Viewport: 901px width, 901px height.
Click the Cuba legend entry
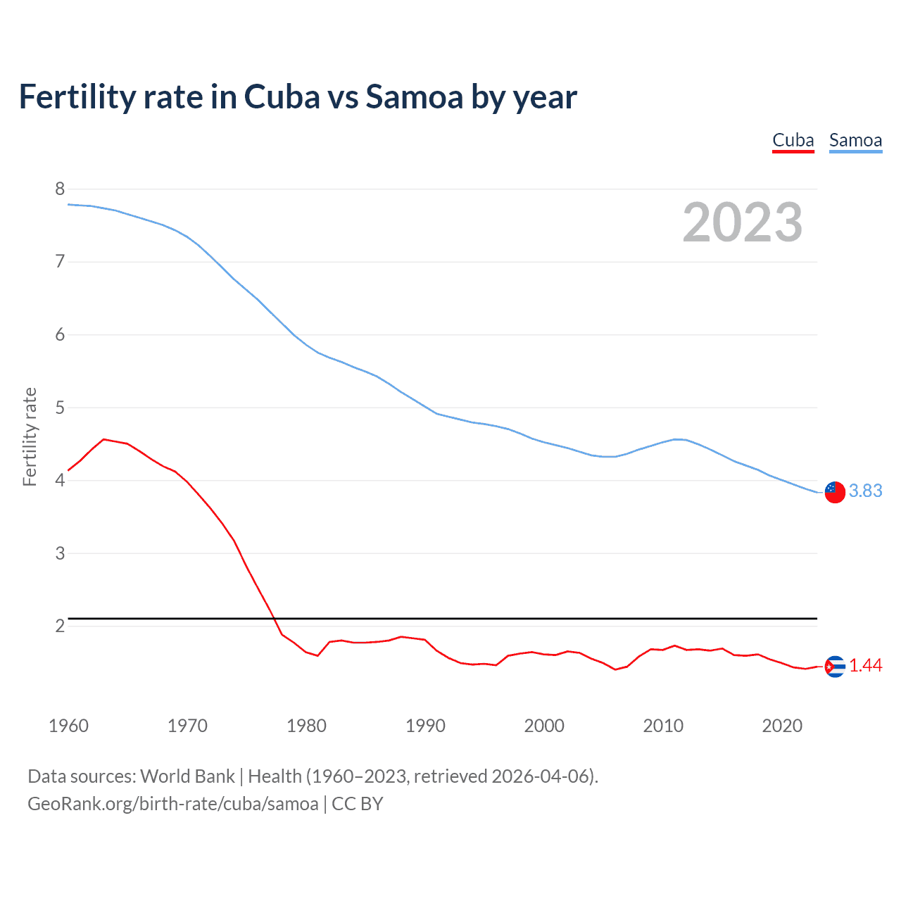click(x=793, y=140)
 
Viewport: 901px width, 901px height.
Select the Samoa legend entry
click(x=855, y=140)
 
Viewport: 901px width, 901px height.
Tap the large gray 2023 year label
click(x=742, y=222)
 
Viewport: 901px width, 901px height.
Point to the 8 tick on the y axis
click(x=60, y=189)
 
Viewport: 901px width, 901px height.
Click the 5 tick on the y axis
click(x=60, y=408)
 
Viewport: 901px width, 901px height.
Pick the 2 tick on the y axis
click(x=60, y=626)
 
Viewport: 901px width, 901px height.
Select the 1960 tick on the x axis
click(x=68, y=726)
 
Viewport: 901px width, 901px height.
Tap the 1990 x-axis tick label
click(x=425, y=726)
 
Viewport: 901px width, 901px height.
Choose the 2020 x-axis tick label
click(x=782, y=726)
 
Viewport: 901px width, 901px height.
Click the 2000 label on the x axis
click(x=544, y=726)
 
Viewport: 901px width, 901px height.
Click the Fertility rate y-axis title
click(x=30, y=436)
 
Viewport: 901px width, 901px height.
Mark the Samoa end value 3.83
click(x=865, y=491)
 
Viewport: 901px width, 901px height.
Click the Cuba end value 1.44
click(x=865, y=665)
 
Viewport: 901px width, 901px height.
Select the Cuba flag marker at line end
click(x=835, y=666)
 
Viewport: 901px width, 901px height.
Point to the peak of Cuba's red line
click(x=103, y=439)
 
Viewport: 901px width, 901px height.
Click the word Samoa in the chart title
click(x=414, y=96)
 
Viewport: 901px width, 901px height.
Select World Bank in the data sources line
click(x=187, y=776)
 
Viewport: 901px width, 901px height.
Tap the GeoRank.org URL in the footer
click(x=172, y=803)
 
